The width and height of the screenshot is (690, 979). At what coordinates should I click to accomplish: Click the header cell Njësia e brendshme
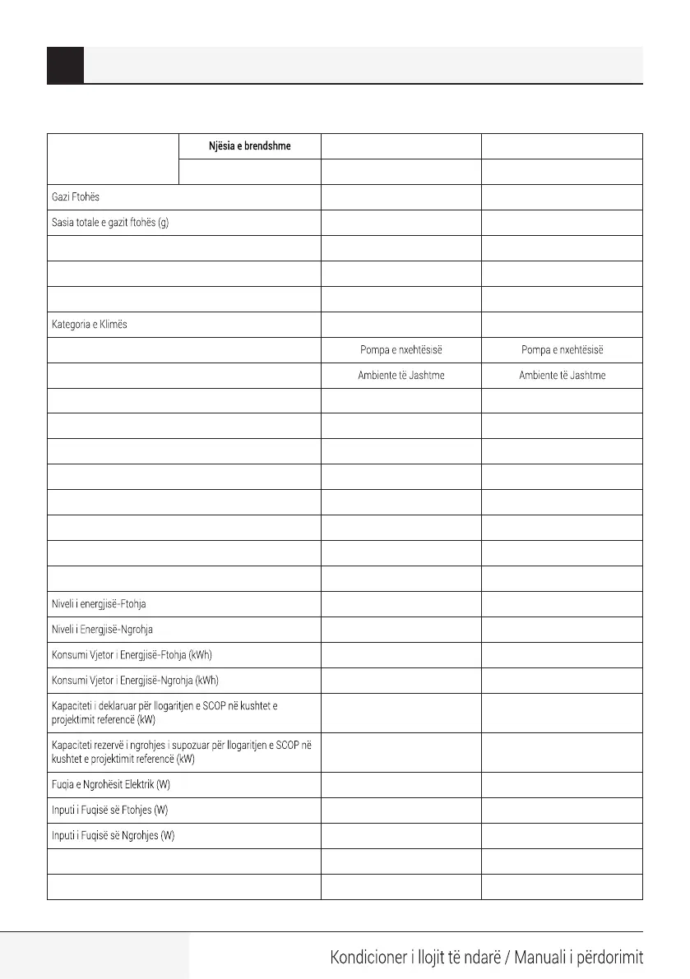point(249,146)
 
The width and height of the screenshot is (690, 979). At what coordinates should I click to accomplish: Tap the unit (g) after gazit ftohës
point(163,224)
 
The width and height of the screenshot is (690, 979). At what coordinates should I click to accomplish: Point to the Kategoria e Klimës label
point(90,325)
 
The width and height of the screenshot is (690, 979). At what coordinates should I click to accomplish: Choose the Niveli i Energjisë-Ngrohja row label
point(103,630)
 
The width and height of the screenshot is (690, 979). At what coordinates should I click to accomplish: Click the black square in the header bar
point(66,66)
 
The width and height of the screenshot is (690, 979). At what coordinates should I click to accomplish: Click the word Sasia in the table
point(64,224)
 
